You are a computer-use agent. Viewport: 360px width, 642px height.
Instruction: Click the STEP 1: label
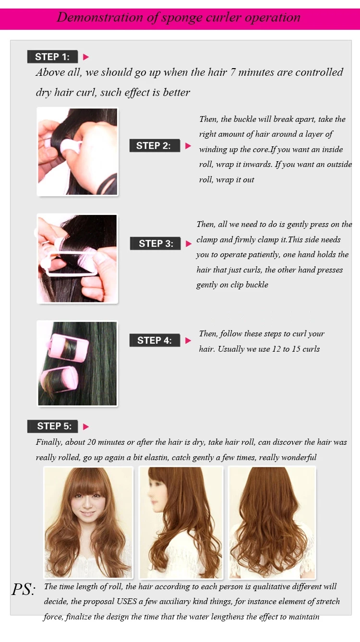(x=52, y=57)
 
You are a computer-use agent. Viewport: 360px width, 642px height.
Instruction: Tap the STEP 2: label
(x=155, y=145)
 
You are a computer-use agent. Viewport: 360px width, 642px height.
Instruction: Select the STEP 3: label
(x=156, y=243)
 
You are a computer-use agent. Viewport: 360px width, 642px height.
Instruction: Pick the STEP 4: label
(x=155, y=340)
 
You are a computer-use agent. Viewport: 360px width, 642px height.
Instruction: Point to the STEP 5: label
(x=52, y=426)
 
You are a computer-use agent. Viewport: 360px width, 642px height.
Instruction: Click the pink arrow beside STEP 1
(x=86, y=57)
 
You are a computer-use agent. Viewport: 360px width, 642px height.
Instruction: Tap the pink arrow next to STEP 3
(x=189, y=244)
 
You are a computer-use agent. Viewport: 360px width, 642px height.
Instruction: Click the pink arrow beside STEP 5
(x=86, y=427)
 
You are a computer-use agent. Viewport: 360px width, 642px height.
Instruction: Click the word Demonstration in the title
(x=100, y=17)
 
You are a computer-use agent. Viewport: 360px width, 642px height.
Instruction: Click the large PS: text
(x=24, y=589)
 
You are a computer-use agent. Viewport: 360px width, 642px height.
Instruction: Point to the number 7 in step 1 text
(x=233, y=72)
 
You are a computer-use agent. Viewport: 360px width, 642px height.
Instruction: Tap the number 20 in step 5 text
(x=91, y=442)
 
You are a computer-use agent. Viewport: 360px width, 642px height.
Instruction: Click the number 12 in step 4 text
(x=276, y=349)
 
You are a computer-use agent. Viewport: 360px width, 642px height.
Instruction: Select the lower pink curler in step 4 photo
(x=60, y=379)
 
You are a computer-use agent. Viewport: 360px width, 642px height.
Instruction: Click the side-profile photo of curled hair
(x=181, y=522)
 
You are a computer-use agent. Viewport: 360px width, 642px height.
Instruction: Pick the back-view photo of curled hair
(x=272, y=522)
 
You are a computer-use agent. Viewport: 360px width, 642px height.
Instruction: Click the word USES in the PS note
(x=127, y=601)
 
